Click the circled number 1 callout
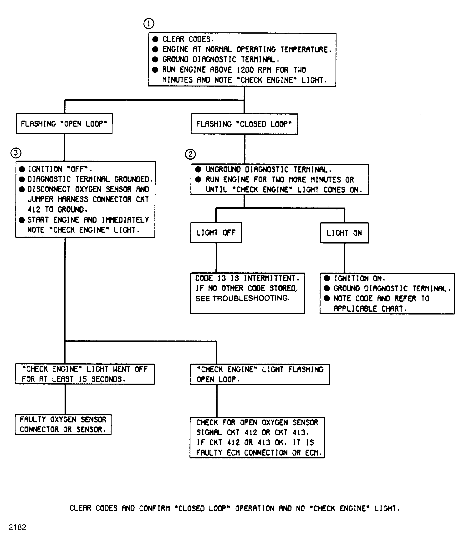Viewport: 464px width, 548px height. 149,24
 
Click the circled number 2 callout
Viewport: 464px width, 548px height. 190,154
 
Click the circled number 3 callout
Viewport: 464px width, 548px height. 16,153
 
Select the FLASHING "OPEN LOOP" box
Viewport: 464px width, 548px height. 64,124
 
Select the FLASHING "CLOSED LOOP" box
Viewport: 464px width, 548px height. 244,124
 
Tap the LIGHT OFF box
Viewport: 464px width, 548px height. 216,233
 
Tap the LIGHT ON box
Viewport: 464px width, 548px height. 344,233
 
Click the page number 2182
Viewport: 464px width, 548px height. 17,527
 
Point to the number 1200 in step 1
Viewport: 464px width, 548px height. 245,70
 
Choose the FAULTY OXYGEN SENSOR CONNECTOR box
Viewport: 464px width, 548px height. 63,424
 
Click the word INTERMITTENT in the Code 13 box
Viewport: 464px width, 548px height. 270,278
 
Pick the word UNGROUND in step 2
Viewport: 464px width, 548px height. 223,169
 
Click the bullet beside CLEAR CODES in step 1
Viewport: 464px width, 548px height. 155,39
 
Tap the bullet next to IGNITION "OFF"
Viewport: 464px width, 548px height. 22,169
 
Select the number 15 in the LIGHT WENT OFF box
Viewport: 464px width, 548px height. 83,379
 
